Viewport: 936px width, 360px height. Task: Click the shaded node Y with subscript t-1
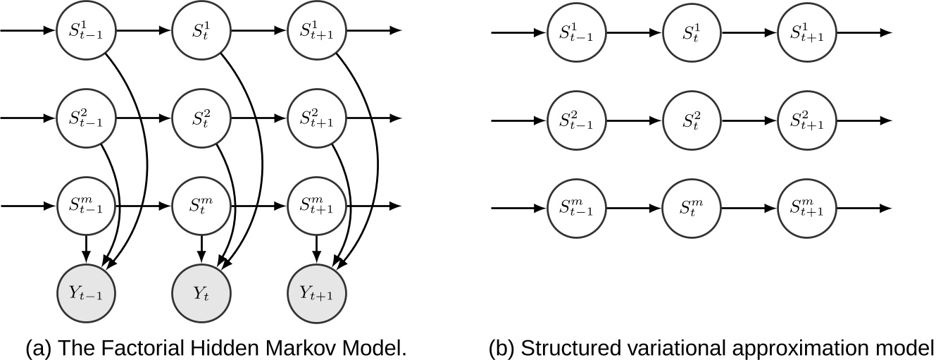tap(85, 292)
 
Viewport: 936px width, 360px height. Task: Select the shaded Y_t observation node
tap(202, 292)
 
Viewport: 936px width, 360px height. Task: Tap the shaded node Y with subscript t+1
tap(318, 292)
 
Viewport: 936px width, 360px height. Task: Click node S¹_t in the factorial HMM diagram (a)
tap(202, 31)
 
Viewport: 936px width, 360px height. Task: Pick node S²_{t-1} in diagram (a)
tap(85, 118)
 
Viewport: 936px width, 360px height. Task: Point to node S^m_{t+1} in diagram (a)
tap(318, 206)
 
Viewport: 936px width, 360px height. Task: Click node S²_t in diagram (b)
tap(692, 120)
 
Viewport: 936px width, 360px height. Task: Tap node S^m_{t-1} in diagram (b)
tap(576, 209)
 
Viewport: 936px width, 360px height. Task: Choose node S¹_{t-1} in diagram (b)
tap(576, 33)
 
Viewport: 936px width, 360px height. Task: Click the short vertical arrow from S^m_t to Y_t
tap(202, 249)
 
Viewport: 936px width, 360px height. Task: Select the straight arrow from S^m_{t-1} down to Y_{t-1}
tap(85, 249)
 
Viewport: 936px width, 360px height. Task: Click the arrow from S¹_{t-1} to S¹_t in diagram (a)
tap(144, 31)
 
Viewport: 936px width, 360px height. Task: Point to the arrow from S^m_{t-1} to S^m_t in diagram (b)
tap(634, 209)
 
